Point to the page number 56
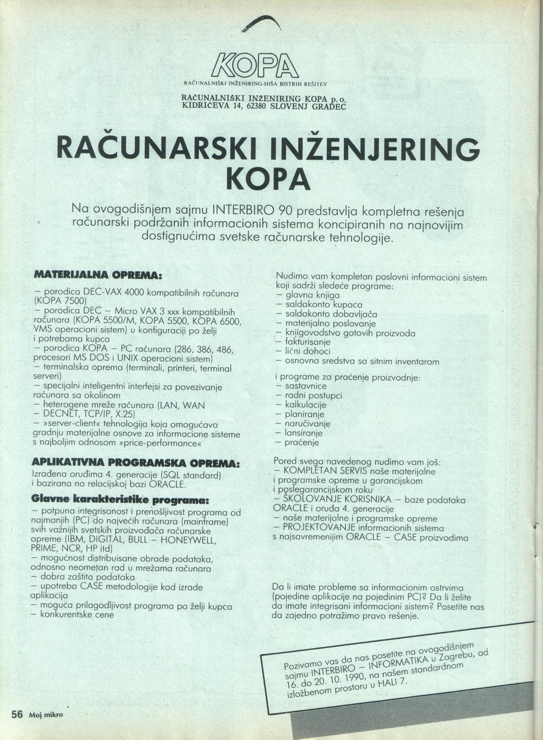(x=17, y=714)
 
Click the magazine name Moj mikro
(x=46, y=715)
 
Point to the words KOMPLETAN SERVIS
(x=322, y=471)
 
